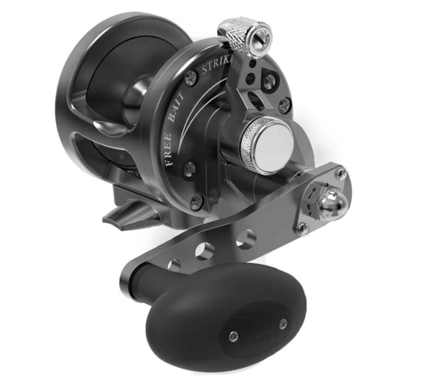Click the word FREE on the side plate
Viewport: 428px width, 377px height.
coord(168,147)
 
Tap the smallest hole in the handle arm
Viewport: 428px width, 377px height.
coord(174,265)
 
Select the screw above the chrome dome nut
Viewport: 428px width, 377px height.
coord(342,174)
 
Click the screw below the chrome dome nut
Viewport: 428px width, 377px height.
coord(302,227)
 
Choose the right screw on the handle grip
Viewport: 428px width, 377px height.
coord(283,323)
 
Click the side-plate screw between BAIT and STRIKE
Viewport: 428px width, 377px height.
coord(190,77)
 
